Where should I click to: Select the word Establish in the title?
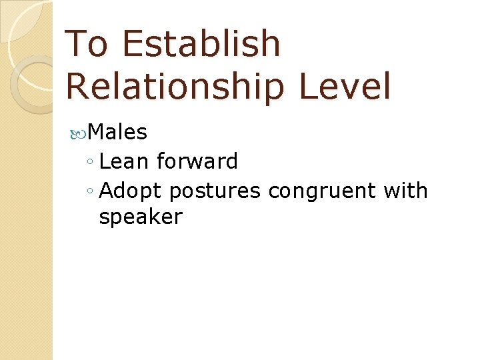point(202,44)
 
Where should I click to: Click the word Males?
point(117,133)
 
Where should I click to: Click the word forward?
point(197,161)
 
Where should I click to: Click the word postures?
point(214,191)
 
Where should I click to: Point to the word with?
point(405,191)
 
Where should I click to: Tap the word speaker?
point(140,217)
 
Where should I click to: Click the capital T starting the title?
point(77,44)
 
